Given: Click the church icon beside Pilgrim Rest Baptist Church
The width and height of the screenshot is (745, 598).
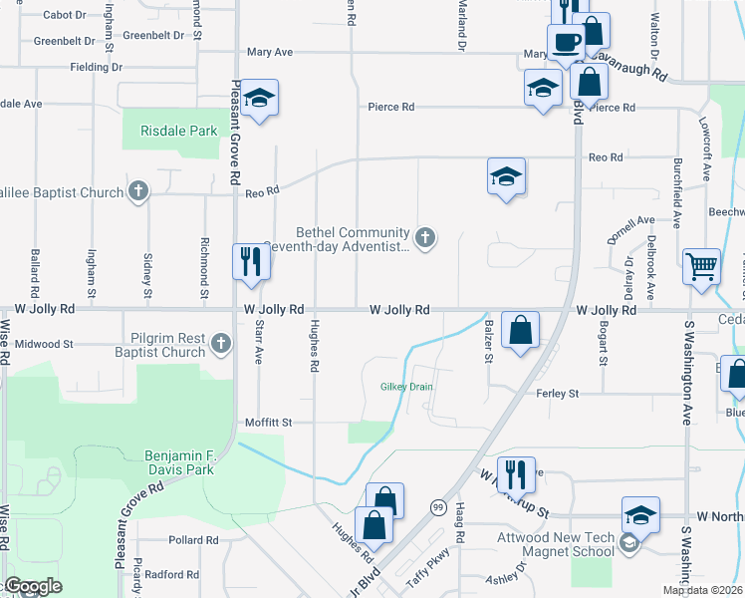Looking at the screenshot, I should pyautogui.click(x=221, y=345).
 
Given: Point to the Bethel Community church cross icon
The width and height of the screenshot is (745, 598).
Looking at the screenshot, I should pyautogui.click(x=425, y=237).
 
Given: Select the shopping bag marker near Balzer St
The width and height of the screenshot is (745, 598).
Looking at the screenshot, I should pyautogui.click(x=521, y=329).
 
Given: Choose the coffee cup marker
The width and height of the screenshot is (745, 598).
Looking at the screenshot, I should pyautogui.click(x=567, y=44).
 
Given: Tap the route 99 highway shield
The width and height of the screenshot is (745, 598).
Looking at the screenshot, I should pyautogui.click(x=437, y=507).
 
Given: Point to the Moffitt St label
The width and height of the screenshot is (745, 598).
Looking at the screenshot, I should pyautogui.click(x=268, y=423).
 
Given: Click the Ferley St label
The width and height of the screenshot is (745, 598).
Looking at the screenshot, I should pyautogui.click(x=558, y=395).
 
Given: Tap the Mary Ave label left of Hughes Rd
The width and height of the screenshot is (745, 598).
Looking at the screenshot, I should pyautogui.click(x=269, y=52).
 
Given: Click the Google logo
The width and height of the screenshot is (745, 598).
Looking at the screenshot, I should pyautogui.click(x=32, y=586).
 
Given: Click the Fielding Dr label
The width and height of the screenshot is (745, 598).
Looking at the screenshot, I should pyautogui.click(x=96, y=68).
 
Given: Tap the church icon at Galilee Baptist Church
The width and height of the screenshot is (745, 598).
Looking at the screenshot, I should pyautogui.click(x=138, y=192).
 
